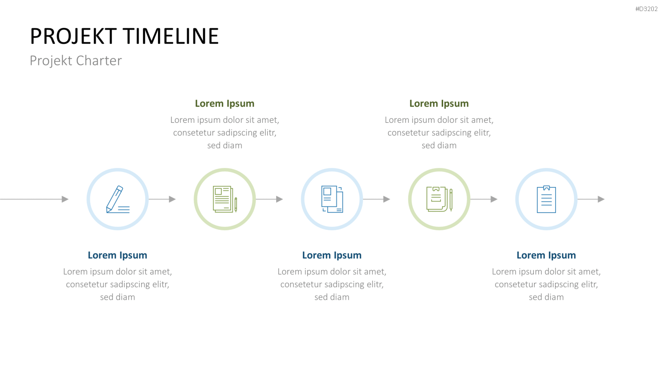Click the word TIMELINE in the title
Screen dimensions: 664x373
tap(171, 36)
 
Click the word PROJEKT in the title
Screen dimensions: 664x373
tap(73, 36)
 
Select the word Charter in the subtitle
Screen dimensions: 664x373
tap(99, 61)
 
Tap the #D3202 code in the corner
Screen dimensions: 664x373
tap(646, 9)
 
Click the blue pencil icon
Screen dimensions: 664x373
tap(118, 199)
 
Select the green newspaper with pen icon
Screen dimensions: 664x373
tap(225, 199)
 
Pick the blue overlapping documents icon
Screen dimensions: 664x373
tap(332, 199)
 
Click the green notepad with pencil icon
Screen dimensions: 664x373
tap(439, 199)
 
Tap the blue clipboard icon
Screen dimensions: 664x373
tap(546, 199)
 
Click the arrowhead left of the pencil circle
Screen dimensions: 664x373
tap(65, 199)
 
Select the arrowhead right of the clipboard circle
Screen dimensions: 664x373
tap(601, 199)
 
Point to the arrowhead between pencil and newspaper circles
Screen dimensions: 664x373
tap(172, 199)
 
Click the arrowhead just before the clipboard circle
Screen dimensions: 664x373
tap(494, 199)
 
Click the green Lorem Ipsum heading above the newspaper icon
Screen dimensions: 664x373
tap(225, 103)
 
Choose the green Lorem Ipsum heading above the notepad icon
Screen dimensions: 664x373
tap(439, 103)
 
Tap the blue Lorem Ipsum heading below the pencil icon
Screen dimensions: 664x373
tap(117, 255)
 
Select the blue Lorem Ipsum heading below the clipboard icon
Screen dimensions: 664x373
tap(546, 255)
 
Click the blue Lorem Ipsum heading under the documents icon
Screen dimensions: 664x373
tap(332, 255)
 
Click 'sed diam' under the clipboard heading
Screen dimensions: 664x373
tap(546, 297)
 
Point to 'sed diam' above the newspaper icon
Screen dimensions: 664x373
tap(225, 145)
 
